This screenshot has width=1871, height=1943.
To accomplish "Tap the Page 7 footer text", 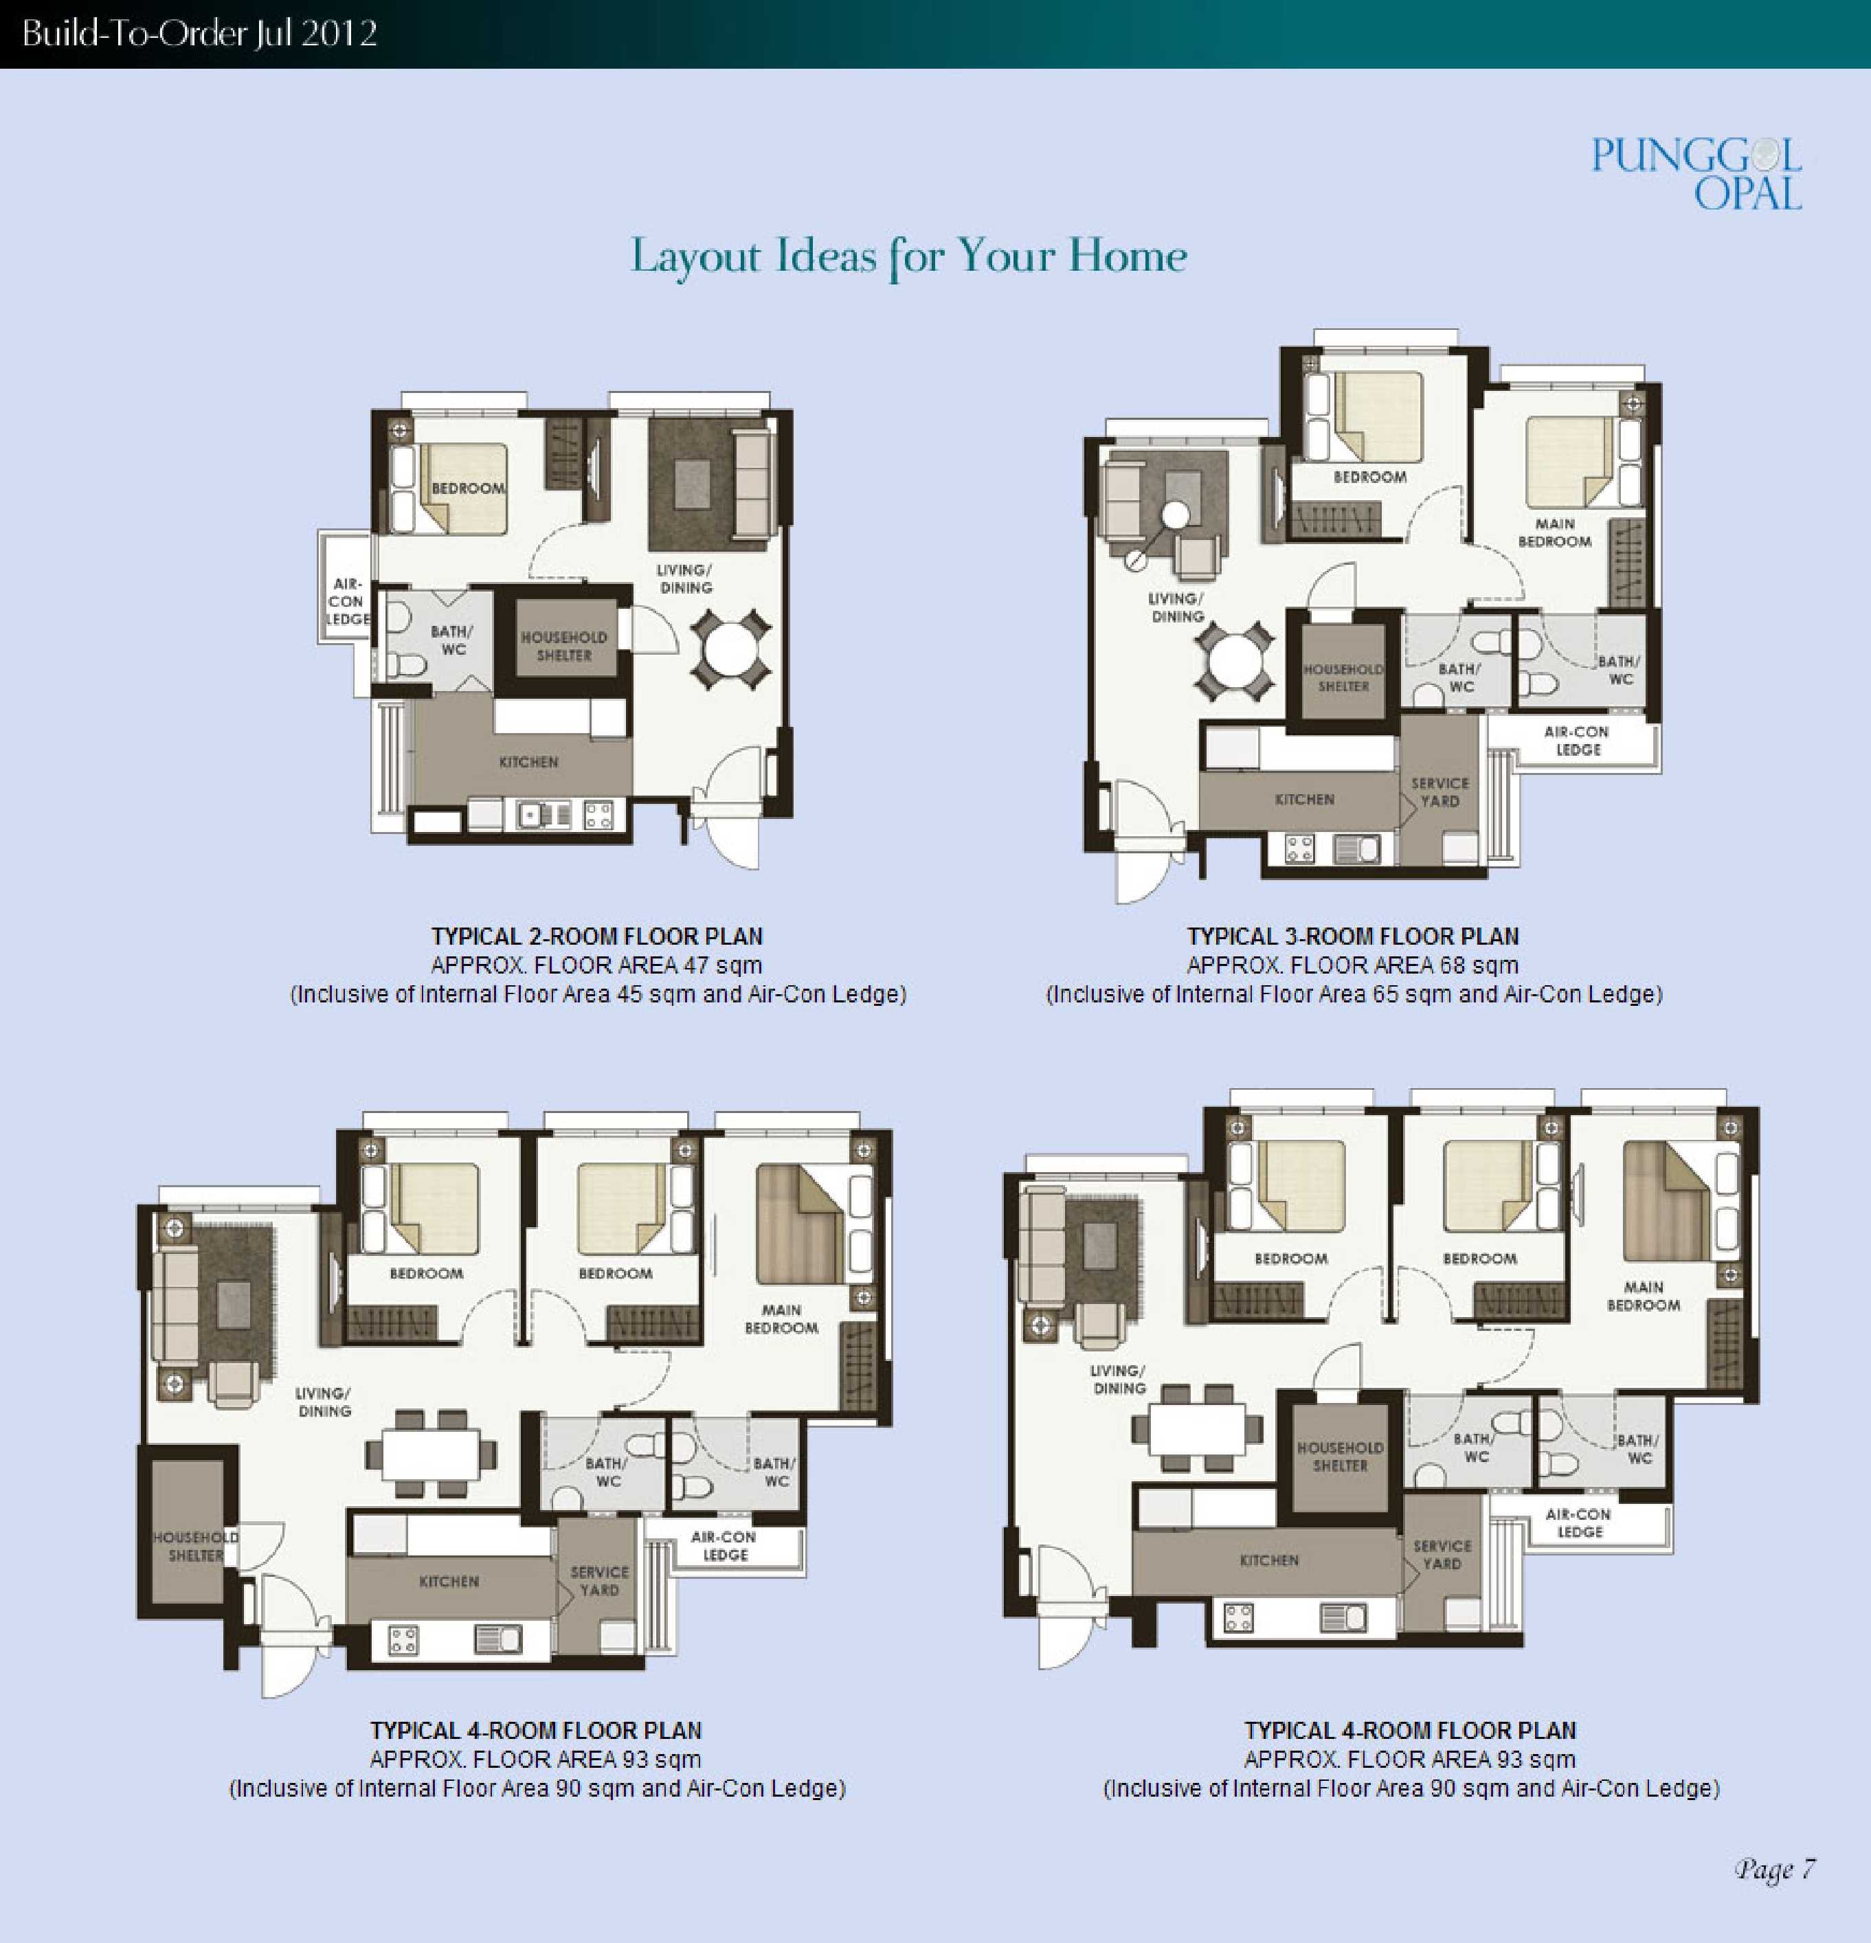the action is [x=1775, y=1869].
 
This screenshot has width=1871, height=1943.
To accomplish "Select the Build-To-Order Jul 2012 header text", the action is [x=199, y=34].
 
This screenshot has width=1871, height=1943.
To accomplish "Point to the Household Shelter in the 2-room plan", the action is [x=564, y=644].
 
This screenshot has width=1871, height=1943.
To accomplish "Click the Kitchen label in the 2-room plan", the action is [x=528, y=761].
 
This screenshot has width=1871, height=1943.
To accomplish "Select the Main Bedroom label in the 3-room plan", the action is [x=1555, y=532].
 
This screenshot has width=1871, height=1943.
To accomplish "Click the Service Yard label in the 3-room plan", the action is [x=1439, y=791].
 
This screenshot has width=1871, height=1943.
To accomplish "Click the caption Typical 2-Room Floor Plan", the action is [x=597, y=936].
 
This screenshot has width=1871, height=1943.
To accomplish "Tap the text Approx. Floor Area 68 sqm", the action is [x=1352, y=965].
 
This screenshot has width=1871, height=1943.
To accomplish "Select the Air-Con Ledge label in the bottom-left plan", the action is [x=725, y=1545].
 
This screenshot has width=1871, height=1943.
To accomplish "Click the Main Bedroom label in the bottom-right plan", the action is [x=1643, y=1296].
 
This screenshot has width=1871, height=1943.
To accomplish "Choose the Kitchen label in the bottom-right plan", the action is [x=1269, y=1560].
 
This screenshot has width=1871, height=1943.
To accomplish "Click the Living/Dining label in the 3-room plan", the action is [x=1177, y=607].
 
